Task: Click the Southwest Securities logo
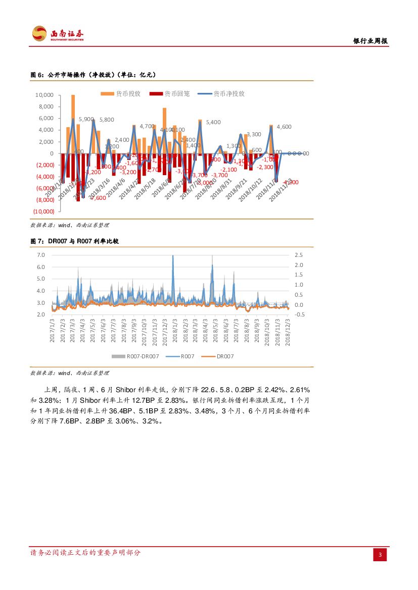click(58, 34)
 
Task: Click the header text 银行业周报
click(370, 41)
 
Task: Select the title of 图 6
click(93, 75)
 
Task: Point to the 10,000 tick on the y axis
click(44, 95)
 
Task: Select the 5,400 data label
click(213, 122)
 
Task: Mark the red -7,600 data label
click(98, 198)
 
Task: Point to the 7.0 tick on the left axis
click(41, 255)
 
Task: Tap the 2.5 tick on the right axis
click(299, 255)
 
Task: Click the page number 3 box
click(380, 555)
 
